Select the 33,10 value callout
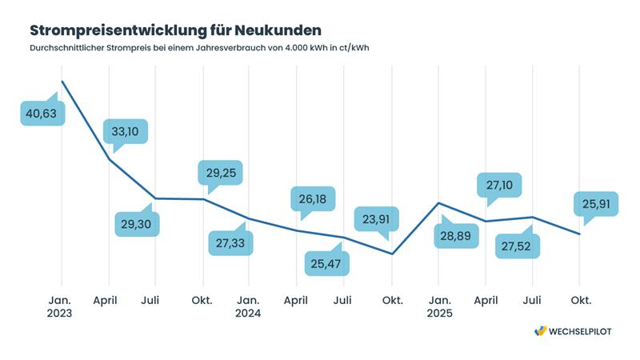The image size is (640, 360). pos(126,131)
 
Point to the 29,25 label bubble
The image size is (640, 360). pos(220,174)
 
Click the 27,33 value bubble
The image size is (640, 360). pos(230,243)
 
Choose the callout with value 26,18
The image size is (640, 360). pos(313,199)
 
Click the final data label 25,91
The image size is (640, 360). pos(595,205)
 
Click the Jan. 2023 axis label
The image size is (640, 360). pos(60,306)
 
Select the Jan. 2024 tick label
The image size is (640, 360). pos(249,306)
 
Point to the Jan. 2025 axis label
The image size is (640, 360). pos(438,306)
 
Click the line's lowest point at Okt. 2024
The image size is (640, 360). pos(391,254)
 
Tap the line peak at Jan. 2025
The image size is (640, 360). pos(438,202)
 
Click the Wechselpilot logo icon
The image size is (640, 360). pos(541,331)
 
